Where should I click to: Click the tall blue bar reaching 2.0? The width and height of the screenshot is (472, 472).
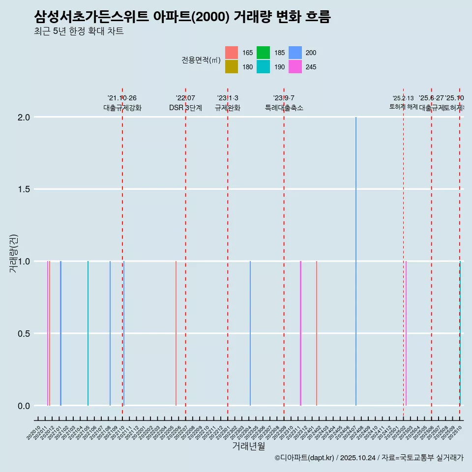click(x=355, y=261)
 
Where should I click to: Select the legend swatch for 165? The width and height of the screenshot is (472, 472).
click(x=232, y=53)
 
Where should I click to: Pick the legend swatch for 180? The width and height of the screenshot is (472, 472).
click(x=232, y=67)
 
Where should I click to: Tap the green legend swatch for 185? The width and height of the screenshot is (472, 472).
click(x=263, y=53)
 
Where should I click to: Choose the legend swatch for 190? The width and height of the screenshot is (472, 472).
click(x=263, y=67)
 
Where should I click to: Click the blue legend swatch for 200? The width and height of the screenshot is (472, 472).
click(x=295, y=53)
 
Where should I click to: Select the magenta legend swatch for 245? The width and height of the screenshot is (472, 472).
click(x=295, y=67)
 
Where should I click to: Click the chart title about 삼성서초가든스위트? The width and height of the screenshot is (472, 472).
click(x=182, y=17)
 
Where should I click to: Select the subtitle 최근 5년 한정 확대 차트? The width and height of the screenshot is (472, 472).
click(x=79, y=31)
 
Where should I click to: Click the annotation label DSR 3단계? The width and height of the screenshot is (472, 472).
click(x=185, y=108)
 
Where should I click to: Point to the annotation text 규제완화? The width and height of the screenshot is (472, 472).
click(x=228, y=108)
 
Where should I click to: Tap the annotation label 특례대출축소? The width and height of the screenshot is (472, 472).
click(x=284, y=108)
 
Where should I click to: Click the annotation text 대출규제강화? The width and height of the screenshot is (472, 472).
click(x=122, y=108)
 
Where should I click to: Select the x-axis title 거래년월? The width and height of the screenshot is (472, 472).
click(x=248, y=446)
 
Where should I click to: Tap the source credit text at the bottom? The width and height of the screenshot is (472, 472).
click(x=369, y=458)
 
